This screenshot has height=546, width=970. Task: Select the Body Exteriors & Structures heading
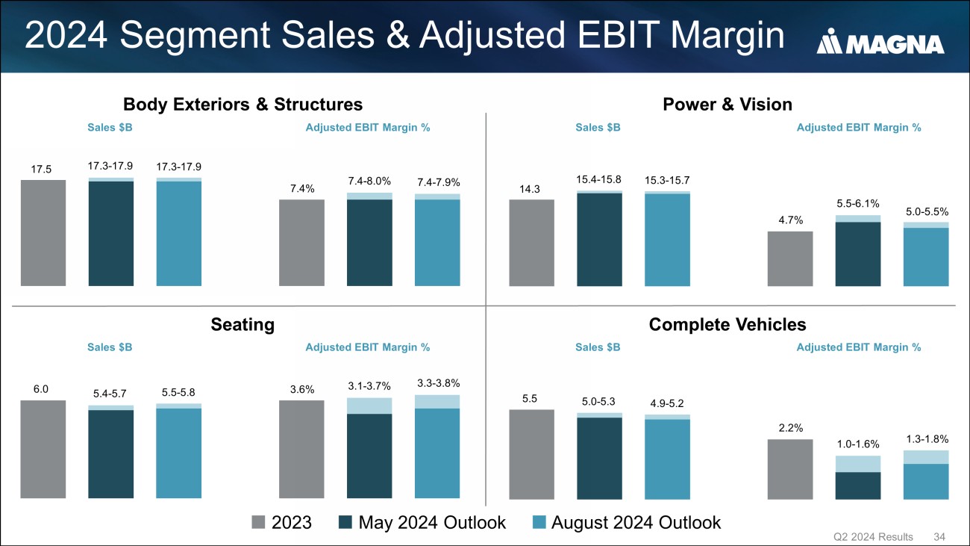click(242, 104)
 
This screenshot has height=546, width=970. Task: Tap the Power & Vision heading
click(727, 104)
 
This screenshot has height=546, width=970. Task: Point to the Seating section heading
click(242, 325)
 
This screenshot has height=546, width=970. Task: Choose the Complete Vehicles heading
click(727, 325)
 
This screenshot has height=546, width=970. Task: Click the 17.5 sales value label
click(43, 170)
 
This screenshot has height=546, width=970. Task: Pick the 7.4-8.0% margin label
click(369, 182)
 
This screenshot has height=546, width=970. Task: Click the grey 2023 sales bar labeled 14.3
click(531, 243)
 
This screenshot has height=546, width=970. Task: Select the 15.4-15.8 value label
click(599, 179)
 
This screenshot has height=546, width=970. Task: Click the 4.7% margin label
click(790, 220)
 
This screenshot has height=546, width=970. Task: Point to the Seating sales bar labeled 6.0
click(43, 449)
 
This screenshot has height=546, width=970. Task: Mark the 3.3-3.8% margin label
click(437, 383)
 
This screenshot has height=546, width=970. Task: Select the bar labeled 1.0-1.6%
click(857, 478)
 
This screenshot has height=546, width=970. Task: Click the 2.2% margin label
click(790, 428)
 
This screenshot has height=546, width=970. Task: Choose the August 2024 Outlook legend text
click(636, 522)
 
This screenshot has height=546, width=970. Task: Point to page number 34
click(939, 537)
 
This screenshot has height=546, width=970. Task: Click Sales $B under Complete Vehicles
click(598, 347)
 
